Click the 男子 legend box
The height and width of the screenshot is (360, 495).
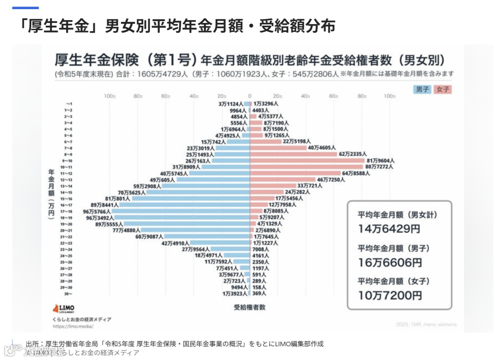point(422,89)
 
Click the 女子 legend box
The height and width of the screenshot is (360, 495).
point(443,89)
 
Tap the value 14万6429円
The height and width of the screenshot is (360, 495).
point(389,228)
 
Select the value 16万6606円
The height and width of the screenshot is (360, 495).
point(390,262)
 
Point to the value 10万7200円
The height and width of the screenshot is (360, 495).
point(390,295)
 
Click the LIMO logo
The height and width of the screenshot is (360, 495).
point(64,308)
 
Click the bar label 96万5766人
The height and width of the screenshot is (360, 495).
point(97,212)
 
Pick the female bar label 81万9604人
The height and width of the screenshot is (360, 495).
point(380,161)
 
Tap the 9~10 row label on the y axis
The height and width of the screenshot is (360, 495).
point(68,161)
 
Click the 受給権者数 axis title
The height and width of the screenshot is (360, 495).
point(249,307)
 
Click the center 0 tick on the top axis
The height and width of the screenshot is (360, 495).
point(250,96)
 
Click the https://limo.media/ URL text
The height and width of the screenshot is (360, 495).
point(73,327)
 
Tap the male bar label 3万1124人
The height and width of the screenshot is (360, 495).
point(233,104)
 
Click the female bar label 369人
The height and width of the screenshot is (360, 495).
point(259,294)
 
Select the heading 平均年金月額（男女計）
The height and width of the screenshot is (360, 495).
point(394,214)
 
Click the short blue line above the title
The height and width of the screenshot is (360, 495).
point(25,8)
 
